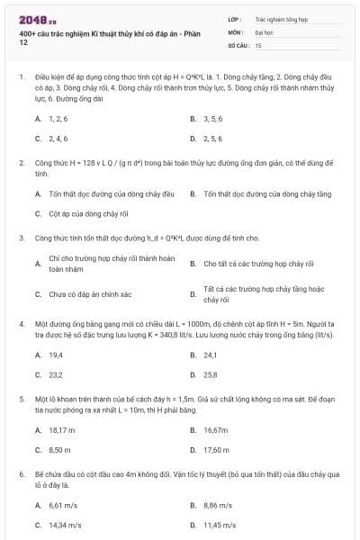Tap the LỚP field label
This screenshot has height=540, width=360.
click(235, 17)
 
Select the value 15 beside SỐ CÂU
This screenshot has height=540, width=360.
click(258, 44)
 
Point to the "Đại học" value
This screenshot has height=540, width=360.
click(265, 31)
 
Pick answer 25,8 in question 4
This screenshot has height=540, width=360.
click(211, 374)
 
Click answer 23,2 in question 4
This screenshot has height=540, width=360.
click(56, 374)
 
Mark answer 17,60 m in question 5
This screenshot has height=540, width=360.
click(217, 449)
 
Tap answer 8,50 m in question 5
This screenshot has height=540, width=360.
click(59, 449)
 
